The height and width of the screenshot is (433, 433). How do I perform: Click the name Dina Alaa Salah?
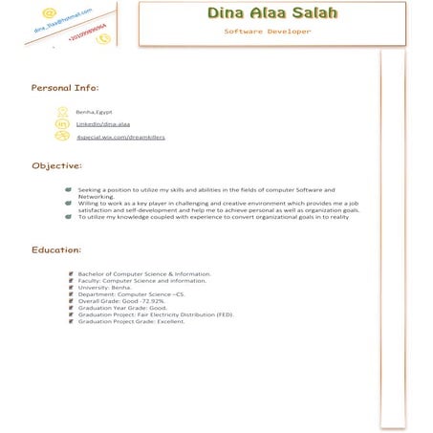pyautogui.click(x=259, y=15)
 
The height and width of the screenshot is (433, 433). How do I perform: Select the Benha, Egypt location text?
pyautogui.click(x=94, y=112)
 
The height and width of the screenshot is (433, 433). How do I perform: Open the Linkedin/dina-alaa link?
pyautogui.click(x=97, y=124)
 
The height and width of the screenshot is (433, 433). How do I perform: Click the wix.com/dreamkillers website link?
pyautogui.click(x=120, y=137)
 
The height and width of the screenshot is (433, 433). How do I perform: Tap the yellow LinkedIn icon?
pyautogui.click(x=62, y=124)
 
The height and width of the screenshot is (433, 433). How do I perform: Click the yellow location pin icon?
pyautogui.click(x=62, y=112)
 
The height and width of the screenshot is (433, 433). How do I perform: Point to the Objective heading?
pyautogui.click(x=56, y=166)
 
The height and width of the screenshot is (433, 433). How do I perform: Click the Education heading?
pyautogui.click(x=56, y=249)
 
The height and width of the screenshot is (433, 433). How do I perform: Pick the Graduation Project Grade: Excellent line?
pyautogui.click(x=131, y=321)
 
